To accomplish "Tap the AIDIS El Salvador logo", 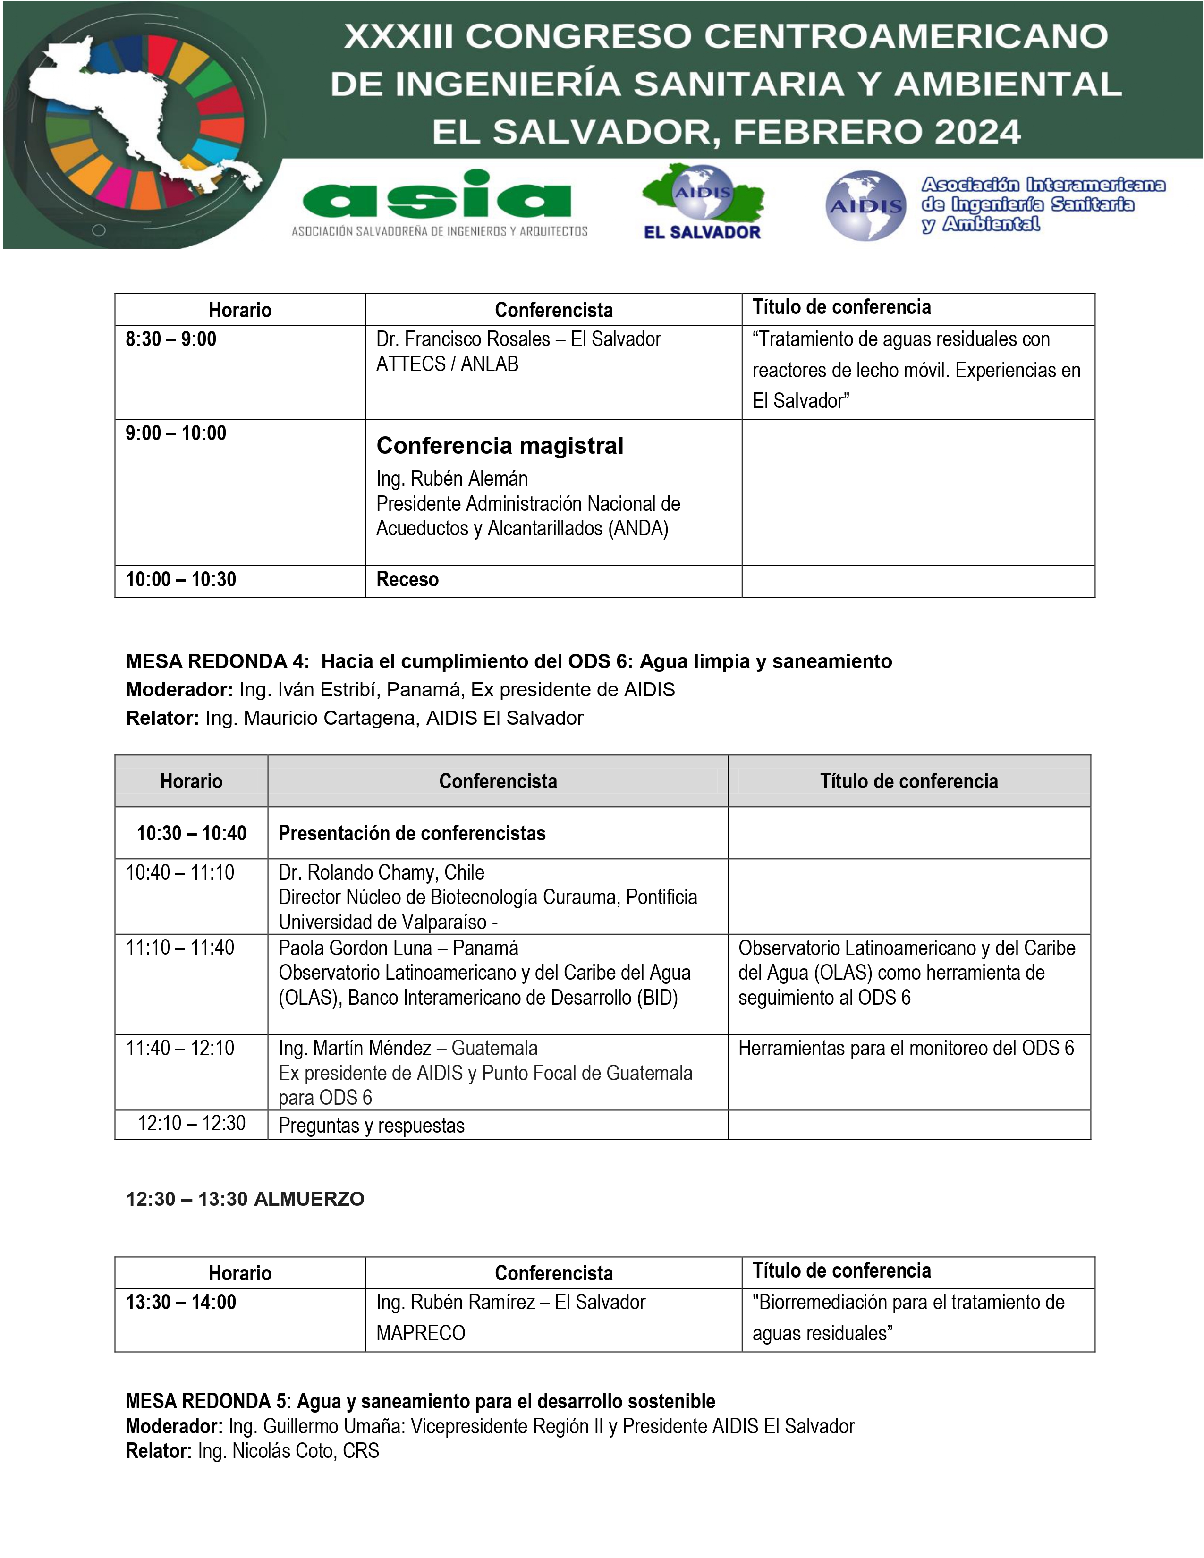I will tap(703, 203).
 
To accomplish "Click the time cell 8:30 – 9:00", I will tap(171, 339).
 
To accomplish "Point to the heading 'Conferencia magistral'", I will tap(499, 446).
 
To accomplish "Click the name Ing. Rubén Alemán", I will tap(452, 479).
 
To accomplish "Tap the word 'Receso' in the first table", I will tap(407, 579).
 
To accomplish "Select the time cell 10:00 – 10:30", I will tap(181, 579).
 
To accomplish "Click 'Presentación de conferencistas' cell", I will tap(412, 833).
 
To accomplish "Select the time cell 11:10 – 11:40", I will tap(180, 948).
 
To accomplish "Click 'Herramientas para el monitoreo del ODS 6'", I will tap(906, 1048).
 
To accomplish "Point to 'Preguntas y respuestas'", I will tap(371, 1126).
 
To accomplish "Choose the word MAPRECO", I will tap(421, 1333).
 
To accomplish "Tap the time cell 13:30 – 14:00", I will tap(181, 1303).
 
